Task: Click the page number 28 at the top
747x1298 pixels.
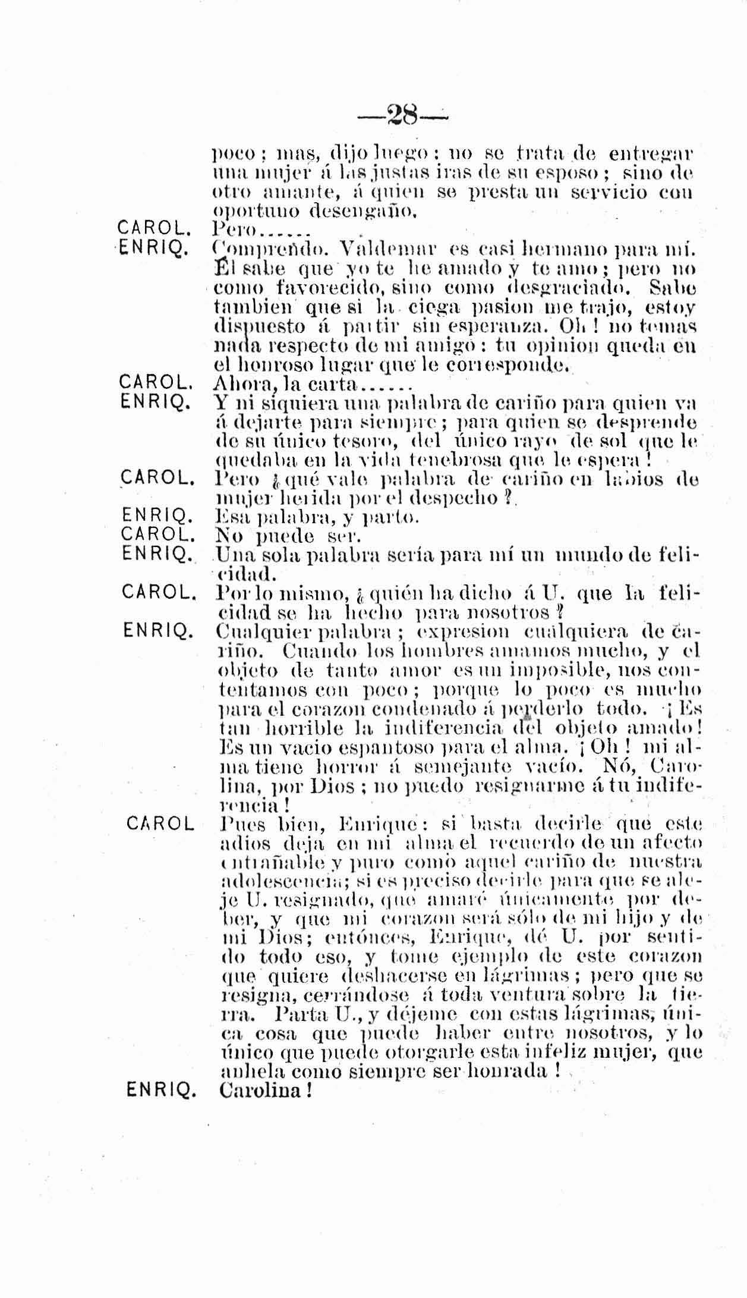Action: tap(404, 112)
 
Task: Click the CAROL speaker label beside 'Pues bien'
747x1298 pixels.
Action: tap(160, 824)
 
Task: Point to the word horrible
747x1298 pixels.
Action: tap(302, 728)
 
